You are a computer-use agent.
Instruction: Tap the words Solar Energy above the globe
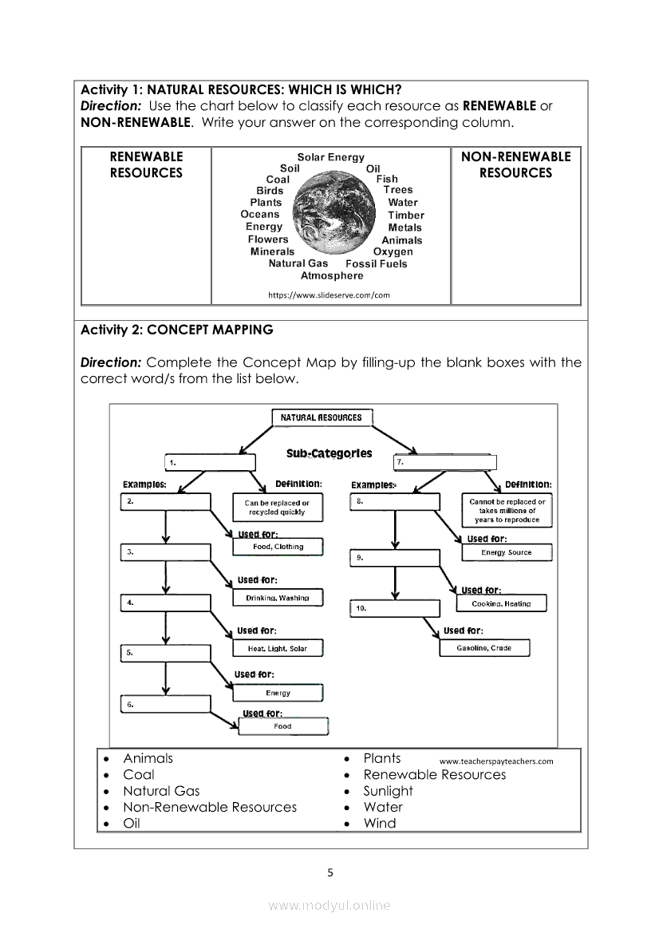(330, 157)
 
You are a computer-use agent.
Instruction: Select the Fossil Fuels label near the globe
(376, 263)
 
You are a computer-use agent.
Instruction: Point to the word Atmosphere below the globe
(332, 276)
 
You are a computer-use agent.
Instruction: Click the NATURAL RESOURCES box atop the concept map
(322, 417)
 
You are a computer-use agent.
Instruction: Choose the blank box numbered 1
(210, 462)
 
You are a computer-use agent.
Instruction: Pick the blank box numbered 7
(444, 462)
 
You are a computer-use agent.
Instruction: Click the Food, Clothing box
(278, 547)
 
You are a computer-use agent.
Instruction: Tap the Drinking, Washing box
(278, 598)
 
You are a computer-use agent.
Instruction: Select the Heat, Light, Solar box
(277, 649)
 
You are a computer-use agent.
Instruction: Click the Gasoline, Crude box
(483, 648)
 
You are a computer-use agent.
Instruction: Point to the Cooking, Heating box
(506, 604)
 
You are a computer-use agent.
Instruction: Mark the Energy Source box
(506, 552)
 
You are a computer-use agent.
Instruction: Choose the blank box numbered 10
(395, 609)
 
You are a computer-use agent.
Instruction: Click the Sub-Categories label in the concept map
(329, 453)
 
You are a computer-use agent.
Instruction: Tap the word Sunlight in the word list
(388, 791)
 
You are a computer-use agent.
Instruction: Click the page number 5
(330, 872)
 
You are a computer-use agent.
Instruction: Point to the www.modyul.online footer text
(329, 905)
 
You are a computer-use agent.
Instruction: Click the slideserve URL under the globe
(329, 295)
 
